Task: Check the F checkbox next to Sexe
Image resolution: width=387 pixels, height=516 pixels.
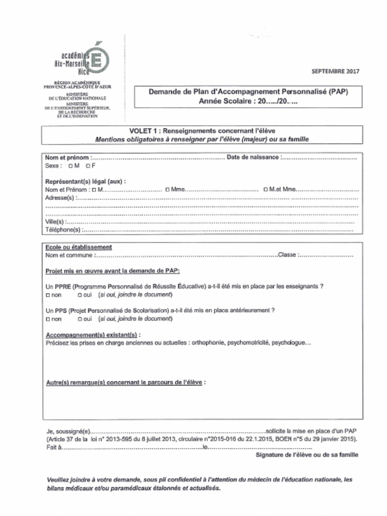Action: (88, 166)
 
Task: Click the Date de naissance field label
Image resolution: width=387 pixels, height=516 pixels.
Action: (252, 157)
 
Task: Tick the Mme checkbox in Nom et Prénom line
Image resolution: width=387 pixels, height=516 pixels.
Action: (167, 190)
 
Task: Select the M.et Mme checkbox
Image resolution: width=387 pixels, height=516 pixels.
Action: (265, 190)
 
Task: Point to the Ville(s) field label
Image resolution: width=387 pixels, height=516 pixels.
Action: (55, 222)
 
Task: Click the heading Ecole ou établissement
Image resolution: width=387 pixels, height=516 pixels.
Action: (79, 247)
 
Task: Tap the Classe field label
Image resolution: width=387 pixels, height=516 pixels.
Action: (287, 255)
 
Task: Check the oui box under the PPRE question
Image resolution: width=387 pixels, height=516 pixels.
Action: (80, 295)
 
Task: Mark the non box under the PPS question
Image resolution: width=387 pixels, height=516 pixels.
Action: (48, 319)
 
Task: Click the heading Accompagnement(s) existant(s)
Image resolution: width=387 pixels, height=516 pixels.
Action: (93, 335)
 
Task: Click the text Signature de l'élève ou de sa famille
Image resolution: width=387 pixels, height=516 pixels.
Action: (307, 455)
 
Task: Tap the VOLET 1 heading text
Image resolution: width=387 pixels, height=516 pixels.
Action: (202, 131)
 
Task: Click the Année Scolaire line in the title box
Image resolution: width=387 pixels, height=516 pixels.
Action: (248, 101)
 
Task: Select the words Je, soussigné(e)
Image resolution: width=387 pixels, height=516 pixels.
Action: (68, 431)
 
